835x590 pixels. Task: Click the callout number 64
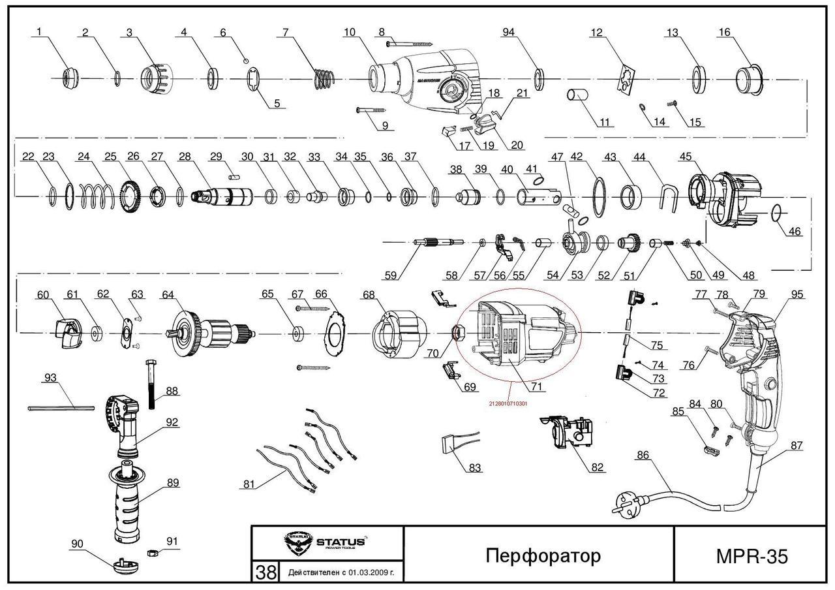168,295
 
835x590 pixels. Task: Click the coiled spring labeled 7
324,78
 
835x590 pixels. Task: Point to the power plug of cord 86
622,507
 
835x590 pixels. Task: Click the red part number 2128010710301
508,403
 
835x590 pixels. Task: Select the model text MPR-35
751,556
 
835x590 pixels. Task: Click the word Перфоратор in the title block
543,555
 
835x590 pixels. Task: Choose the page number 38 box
266,572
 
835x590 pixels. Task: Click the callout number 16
724,33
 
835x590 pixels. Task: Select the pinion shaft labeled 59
437,243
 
